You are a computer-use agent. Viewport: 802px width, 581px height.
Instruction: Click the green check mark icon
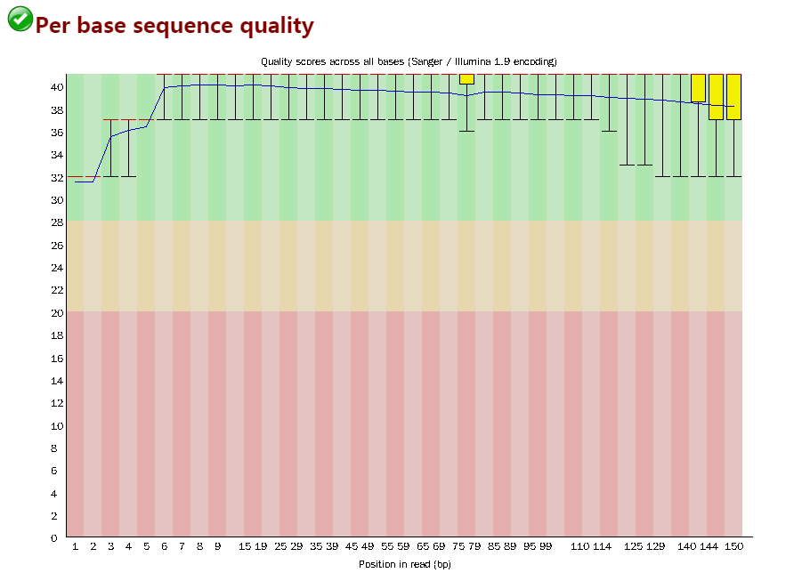[x=20, y=20]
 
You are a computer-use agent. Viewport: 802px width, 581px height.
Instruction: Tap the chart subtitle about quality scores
[x=409, y=61]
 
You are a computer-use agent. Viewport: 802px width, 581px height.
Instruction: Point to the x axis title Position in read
[x=409, y=564]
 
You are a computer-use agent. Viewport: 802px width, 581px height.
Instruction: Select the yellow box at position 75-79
[x=466, y=79]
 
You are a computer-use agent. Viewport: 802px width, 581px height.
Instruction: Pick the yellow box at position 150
[x=733, y=96]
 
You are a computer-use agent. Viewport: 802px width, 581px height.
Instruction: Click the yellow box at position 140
[x=698, y=87]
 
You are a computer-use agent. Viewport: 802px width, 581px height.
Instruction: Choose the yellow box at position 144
[x=716, y=96]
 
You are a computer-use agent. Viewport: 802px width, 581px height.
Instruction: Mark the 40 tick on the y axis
[x=56, y=87]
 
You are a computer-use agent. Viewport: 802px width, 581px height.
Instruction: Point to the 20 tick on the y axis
[x=56, y=313]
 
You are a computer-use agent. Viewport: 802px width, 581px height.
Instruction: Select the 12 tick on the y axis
[x=56, y=403]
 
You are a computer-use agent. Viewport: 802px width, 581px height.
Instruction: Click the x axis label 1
[x=75, y=545]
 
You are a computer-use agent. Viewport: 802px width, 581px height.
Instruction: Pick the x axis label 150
[x=733, y=545]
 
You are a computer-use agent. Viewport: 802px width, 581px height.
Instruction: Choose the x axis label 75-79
[x=466, y=545]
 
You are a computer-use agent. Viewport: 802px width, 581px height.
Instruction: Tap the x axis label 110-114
[x=591, y=545]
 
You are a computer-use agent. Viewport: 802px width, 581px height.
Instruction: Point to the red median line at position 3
[x=110, y=119]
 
